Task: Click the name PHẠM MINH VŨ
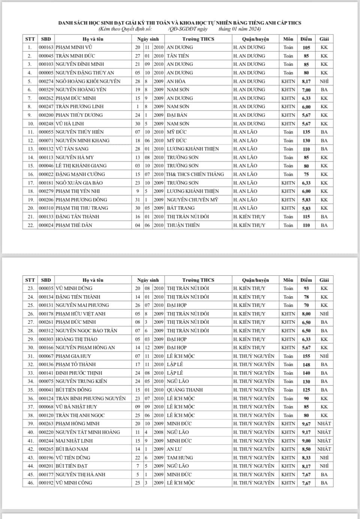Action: (x=74, y=47)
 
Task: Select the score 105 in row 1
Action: (x=306, y=48)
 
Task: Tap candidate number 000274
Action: (x=46, y=81)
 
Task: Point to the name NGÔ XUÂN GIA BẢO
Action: (x=79, y=183)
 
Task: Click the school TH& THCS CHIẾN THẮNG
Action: (x=195, y=174)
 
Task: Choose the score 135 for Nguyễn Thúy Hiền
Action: (x=306, y=132)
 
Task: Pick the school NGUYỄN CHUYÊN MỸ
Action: (x=192, y=200)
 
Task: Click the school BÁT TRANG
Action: (x=181, y=208)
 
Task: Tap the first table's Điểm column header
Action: (x=306, y=39)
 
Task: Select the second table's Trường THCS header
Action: (x=198, y=280)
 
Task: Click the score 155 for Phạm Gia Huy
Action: (x=306, y=356)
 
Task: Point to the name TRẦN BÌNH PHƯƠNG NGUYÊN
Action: (x=90, y=398)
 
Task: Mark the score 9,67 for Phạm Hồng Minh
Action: (x=306, y=424)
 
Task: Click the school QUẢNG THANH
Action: (x=184, y=390)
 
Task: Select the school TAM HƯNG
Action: (x=180, y=458)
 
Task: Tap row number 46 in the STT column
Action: (x=30, y=483)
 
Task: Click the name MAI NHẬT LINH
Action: (x=74, y=441)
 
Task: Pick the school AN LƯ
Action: (x=174, y=449)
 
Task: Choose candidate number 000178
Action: (x=46, y=314)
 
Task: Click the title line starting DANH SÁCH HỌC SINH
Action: (x=180, y=23)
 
